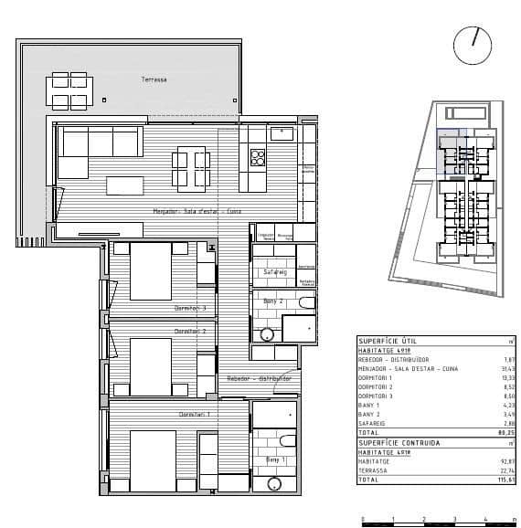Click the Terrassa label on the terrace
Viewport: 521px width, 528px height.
[x=154, y=80]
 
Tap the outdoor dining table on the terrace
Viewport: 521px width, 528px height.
[x=70, y=90]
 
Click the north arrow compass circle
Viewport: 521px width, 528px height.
[x=473, y=43]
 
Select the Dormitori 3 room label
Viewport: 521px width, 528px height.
[x=190, y=308]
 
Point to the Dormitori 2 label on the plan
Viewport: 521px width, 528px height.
[x=190, y=331]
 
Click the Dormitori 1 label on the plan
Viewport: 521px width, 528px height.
[x=195, y=414]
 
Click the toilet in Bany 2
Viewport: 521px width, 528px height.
[x=305, y=301]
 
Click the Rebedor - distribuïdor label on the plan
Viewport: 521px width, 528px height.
[x=260, y=377]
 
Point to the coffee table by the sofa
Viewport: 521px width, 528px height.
[x=124, y=185]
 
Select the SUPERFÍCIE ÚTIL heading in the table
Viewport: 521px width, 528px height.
[x=383, y=340]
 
